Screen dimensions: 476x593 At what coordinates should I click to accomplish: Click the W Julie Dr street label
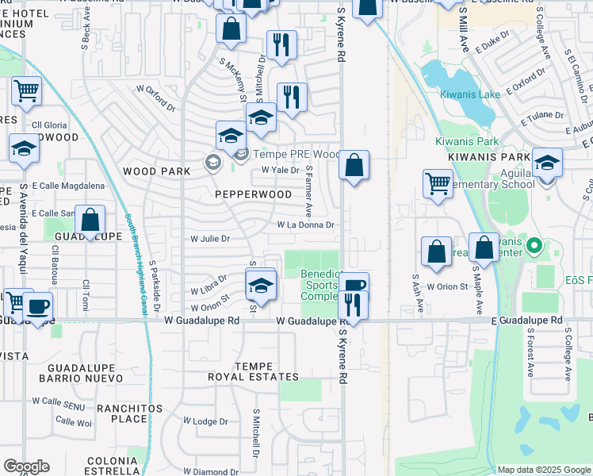click(209, 238)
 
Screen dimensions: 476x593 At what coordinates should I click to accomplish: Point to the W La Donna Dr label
click(306, 225)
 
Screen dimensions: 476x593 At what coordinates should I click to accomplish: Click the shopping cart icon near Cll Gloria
click(26, 91)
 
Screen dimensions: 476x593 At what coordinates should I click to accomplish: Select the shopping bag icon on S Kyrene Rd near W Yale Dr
click(354, 165)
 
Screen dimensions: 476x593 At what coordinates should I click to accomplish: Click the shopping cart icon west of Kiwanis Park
click(438, 183)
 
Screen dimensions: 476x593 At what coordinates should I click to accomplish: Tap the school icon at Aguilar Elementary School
click(547, 163)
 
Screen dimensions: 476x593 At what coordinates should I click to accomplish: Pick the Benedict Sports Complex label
click(321, 285)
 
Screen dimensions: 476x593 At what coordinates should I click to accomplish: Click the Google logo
click(25, 466)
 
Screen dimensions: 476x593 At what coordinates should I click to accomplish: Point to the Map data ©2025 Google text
click(544, 470)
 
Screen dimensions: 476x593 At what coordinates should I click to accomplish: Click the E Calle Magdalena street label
click(68, 186)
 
